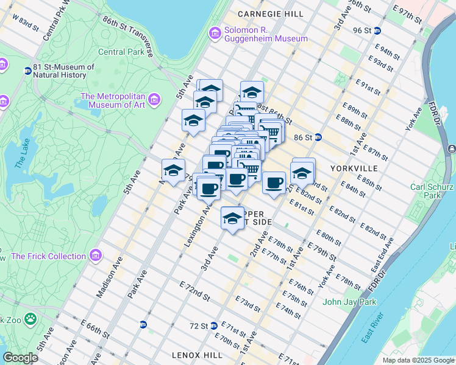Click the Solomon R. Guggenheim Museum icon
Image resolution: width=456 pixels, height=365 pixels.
point(215,33)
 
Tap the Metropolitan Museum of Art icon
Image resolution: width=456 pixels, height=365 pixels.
point(154,99)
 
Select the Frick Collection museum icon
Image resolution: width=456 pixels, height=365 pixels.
point(95,255)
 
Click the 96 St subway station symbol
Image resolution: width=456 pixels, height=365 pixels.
point(377,30)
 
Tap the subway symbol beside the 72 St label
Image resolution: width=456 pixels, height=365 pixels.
point(214,326)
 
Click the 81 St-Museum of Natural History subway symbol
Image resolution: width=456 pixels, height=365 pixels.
point(27,71)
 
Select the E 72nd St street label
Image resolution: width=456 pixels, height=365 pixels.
point(194,291)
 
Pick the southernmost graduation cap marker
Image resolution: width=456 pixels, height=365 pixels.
point(232,218)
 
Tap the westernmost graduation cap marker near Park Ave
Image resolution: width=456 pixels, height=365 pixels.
point(173,170)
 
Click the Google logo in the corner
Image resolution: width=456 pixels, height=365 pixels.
point(21,358)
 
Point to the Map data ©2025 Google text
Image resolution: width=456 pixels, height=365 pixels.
point(417,360)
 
